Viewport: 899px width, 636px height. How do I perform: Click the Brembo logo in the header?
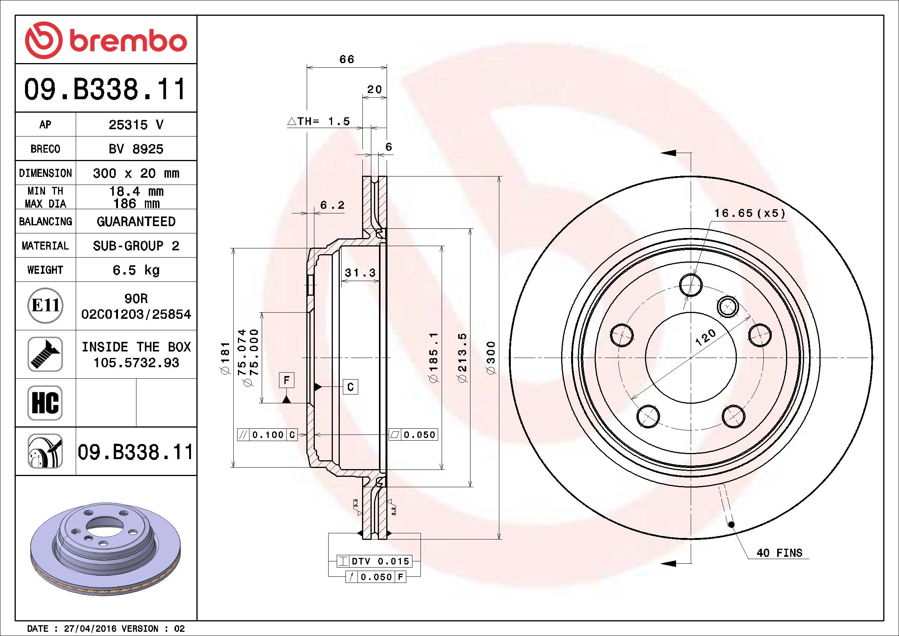coord(106,40)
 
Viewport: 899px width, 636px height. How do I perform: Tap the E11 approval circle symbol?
coord(45,305)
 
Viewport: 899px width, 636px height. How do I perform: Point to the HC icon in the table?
coord(45,403)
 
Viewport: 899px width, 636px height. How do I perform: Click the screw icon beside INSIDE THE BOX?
coord(45,354)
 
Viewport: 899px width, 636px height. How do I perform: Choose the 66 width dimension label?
coord(347,60)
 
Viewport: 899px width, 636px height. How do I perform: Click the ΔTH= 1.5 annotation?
coord(319,122)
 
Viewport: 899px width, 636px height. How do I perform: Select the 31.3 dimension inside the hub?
coord(360,273)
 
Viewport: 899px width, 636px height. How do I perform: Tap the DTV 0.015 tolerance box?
coord(374,561)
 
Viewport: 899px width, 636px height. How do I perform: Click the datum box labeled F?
coord(287,380)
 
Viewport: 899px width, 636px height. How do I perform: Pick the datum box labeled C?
coord(351,387)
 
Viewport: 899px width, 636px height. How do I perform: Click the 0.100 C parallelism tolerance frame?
coord(268,435)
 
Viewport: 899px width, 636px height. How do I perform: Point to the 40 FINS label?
coord(779,553)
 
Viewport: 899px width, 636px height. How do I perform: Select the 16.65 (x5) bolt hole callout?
coord(749,213)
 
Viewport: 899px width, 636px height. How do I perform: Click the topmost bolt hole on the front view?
coord(691,285)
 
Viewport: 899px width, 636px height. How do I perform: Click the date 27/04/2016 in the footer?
coord(90,629)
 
